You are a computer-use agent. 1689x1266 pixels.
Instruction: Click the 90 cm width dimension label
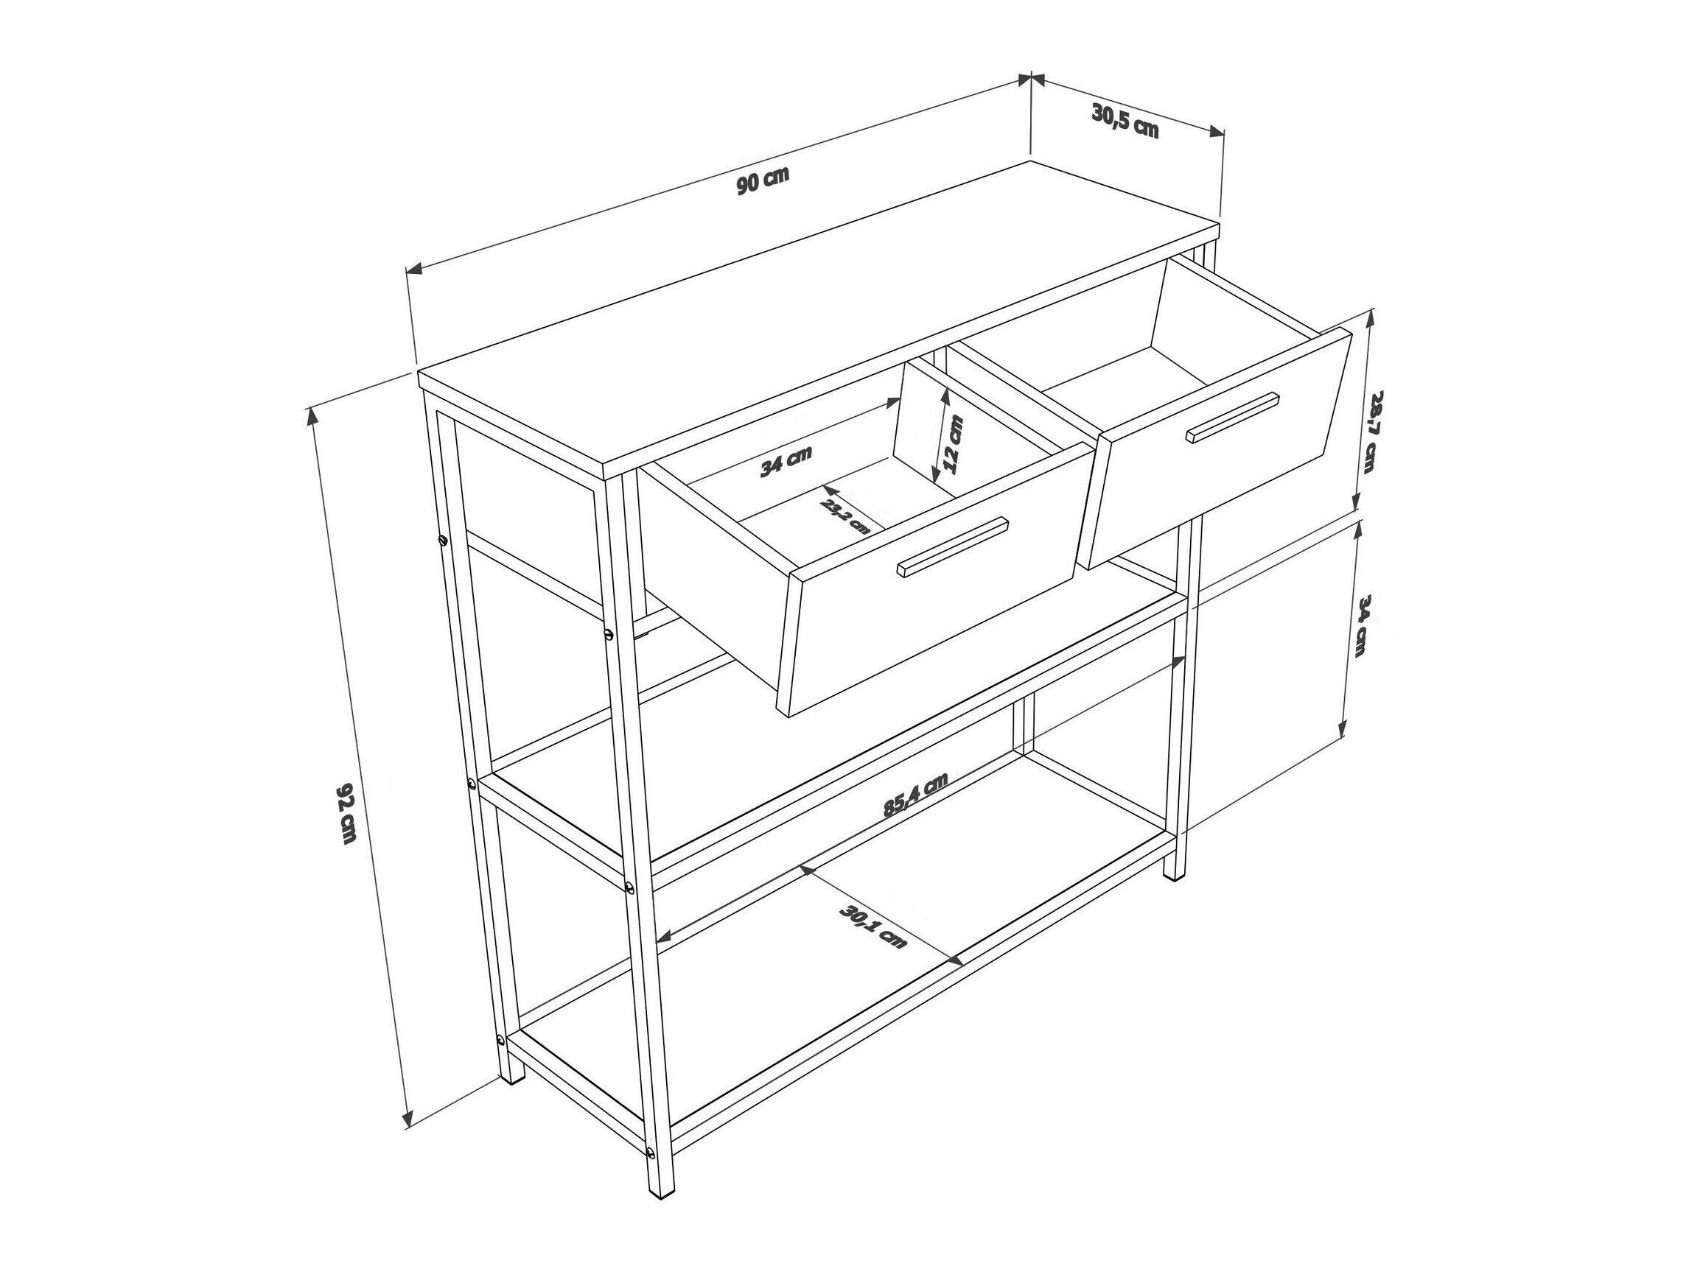coord(763,181)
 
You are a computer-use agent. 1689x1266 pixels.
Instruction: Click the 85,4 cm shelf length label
coord(915,795)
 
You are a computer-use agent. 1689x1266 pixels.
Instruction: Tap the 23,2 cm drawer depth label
coord(845,516)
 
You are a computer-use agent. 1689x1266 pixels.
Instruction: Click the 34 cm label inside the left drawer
coord(785,462)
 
